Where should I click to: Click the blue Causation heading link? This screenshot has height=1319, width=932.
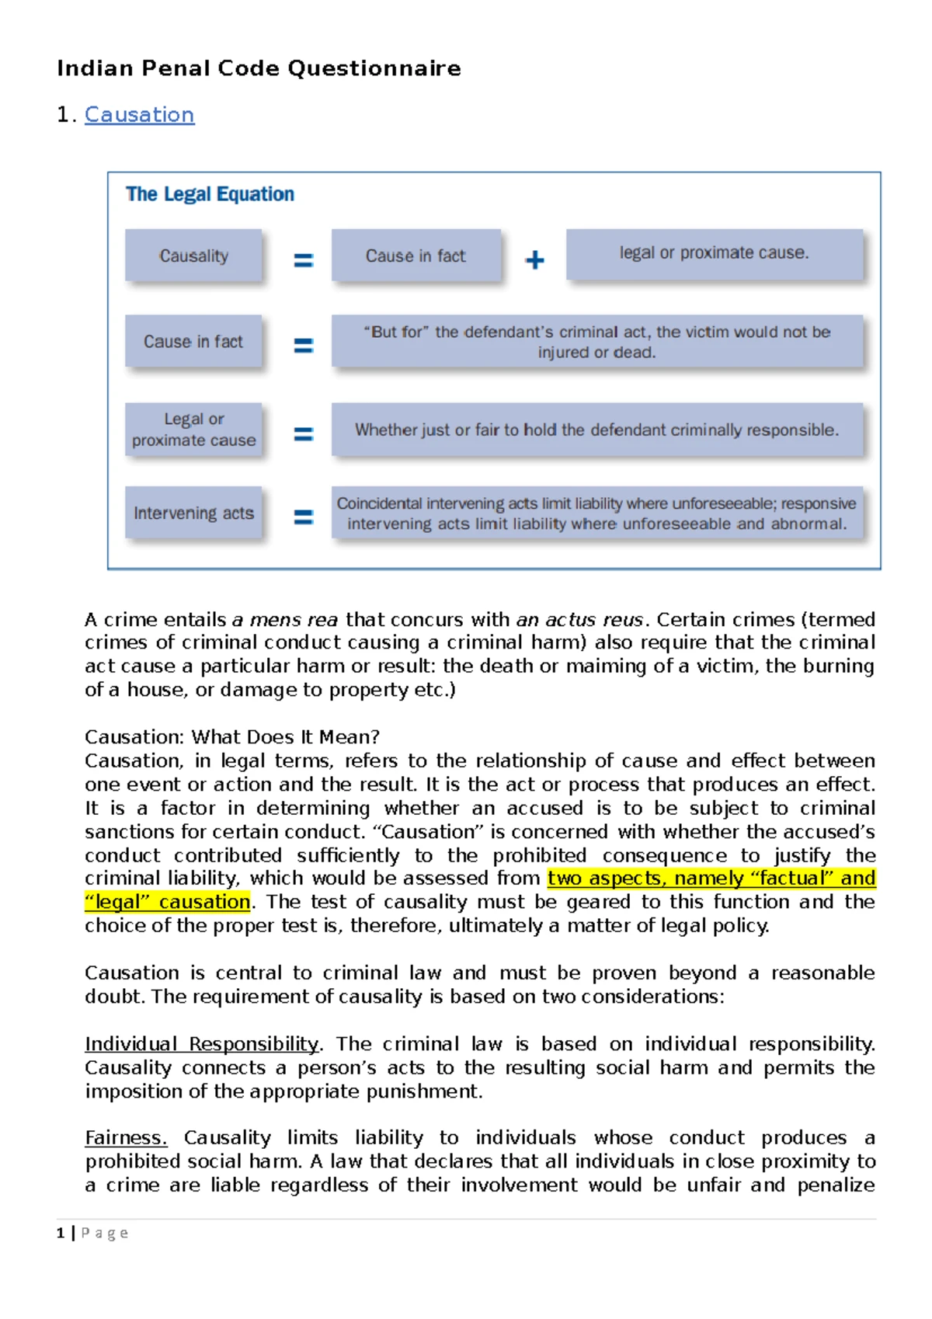(x=139, y=115)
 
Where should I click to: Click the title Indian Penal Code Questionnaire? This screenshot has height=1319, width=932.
(x=259, y=68)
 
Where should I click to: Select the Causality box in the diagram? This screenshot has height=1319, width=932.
(x=193, y=256)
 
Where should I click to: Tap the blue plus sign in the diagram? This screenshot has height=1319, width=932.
(x=534, y=259)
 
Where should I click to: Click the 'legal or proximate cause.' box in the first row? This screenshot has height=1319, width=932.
(x=714, y=253)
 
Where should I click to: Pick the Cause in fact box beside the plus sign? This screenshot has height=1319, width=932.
(x=416, y=256)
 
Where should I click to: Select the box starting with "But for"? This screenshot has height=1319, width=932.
(x=596, y=342)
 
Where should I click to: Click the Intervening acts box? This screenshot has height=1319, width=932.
(x=193, y=513)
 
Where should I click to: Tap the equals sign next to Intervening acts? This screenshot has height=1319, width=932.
(x=303, y=517)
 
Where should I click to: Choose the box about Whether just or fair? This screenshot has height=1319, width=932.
(x=596, y=430)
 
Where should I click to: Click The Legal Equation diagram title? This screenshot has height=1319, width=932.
(x=210, y=194)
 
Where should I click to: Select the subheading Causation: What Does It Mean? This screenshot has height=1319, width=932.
(x=231, y=736)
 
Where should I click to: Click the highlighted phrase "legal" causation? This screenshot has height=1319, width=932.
(x=168, y=902)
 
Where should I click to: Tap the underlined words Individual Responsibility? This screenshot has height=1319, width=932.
(x=202, y=1044)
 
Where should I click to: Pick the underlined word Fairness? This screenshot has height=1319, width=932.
(x=126, y=1138)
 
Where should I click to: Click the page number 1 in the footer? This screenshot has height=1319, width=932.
(x=61, y=1233)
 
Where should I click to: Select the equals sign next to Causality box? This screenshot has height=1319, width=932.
(x=303, y=260)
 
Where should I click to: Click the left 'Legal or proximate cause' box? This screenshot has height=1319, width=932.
(x=193, y=430)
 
